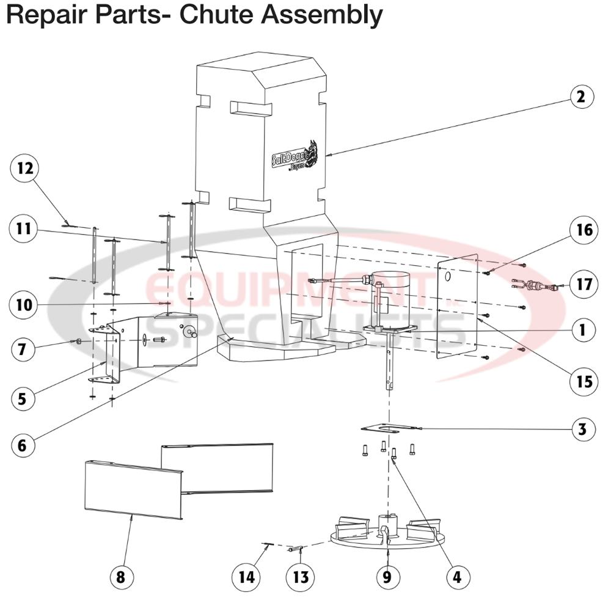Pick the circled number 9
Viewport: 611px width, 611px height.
(387, 576)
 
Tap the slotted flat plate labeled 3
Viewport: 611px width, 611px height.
(386, 429)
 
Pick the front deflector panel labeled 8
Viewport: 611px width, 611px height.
(131, 489)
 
